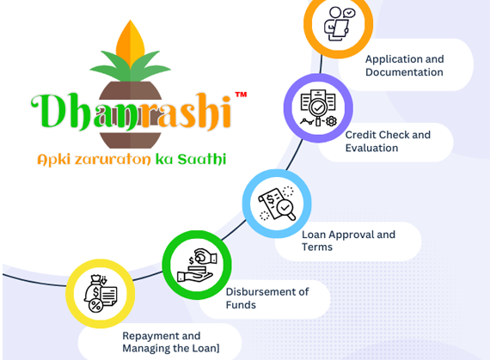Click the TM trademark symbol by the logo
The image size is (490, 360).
(x=241, y=95)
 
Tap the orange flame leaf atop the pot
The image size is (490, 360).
(x=131, y=44)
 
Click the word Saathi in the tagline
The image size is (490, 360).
(x=202, y=159)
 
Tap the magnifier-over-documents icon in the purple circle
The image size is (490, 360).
(x=318, y=108)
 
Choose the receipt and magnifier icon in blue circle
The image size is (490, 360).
(x=277, y=204)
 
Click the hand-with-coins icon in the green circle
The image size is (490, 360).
(x=197, y=265)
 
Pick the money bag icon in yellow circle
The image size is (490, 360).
(x=101, y=294)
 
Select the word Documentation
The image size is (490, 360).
(x=404, y=72)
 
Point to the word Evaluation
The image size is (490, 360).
(x=371, y=148)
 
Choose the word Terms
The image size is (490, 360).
(x=317, y=247)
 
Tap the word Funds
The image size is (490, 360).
(x=241, y=305)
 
